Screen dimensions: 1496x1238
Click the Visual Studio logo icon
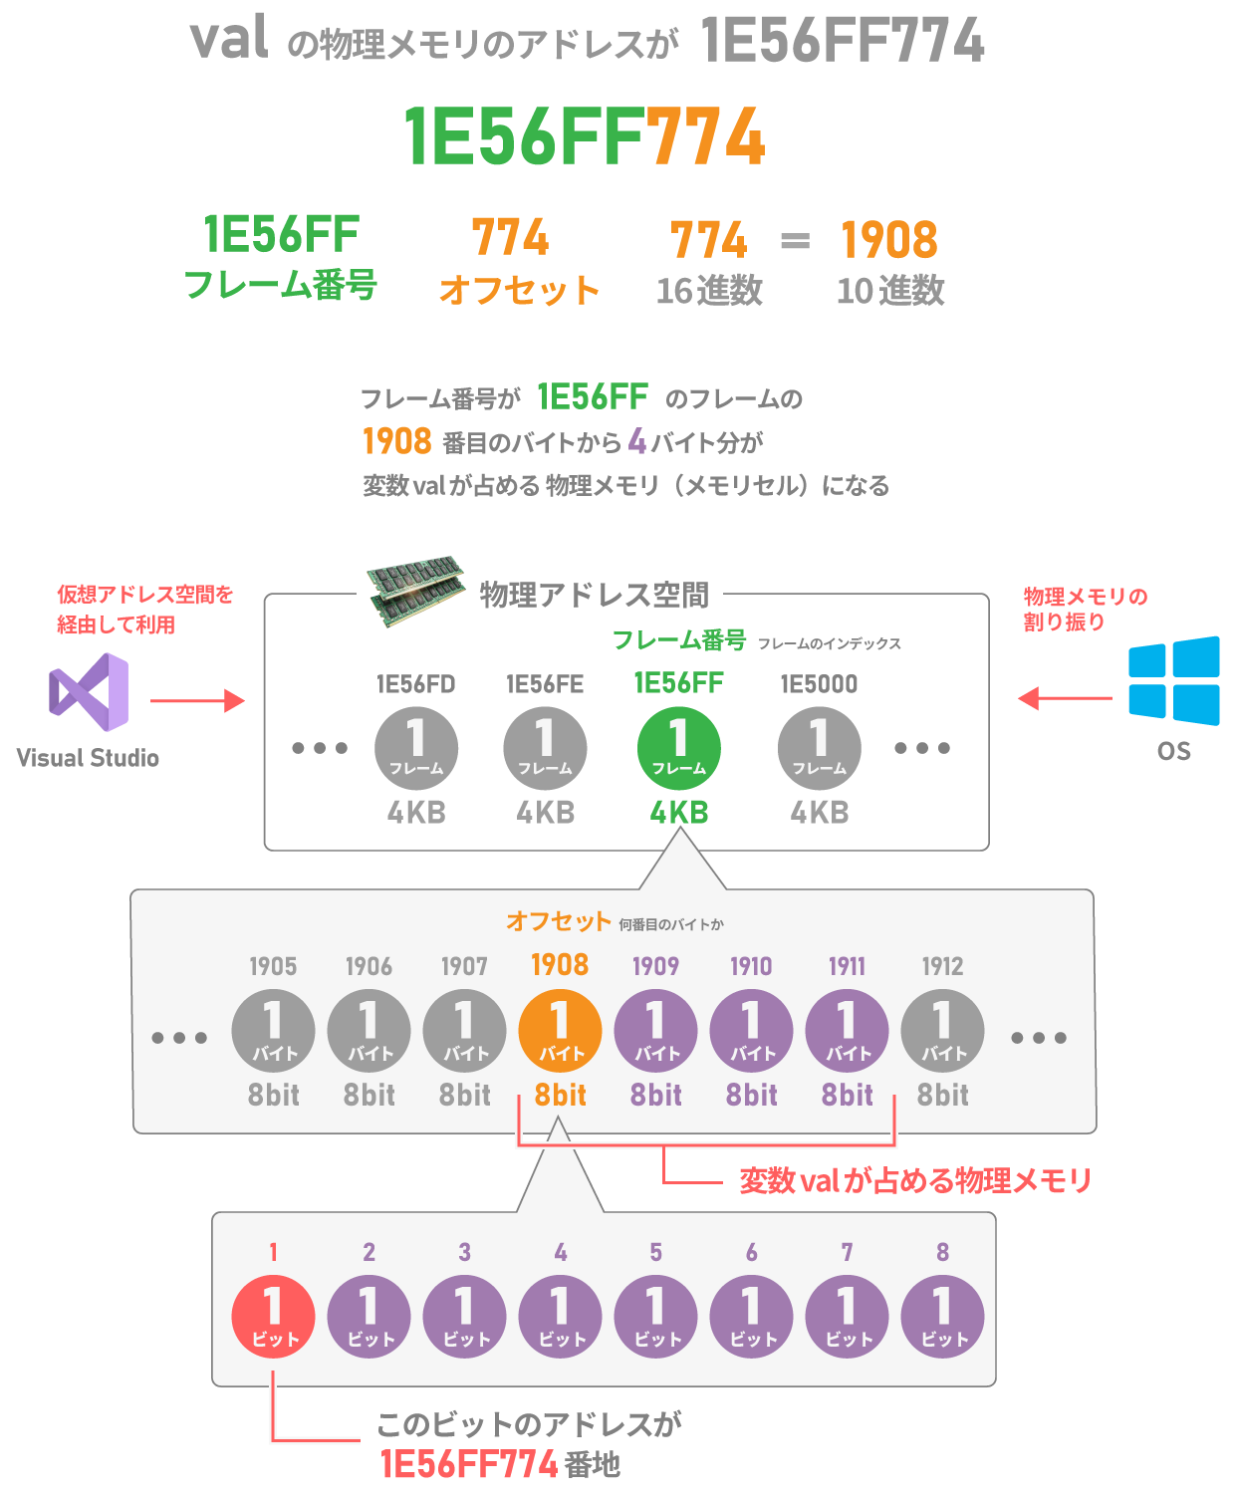[89, 691]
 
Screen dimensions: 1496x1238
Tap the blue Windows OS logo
[1173, 680]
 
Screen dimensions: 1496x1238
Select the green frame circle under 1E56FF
[679, 748]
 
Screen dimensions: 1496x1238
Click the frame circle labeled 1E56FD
[416, 748]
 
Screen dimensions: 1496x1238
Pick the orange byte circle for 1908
[560, 1031]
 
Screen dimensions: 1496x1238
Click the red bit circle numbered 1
[273, 1317]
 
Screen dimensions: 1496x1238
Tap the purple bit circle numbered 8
[942, 1317]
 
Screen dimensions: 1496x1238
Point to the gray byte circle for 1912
[942, 1031]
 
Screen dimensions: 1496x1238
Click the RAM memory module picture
[415, 590]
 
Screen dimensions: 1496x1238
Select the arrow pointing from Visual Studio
[197, 701]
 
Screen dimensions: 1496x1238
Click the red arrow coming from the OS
[1064, 698]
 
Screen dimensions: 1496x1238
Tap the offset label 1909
[655, 966]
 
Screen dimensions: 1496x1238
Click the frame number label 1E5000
[819, 684]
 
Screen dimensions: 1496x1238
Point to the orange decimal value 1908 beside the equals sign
[889, 240]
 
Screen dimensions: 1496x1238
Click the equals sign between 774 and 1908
[795, 241]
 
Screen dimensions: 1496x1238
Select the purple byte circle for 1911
[847, 1031]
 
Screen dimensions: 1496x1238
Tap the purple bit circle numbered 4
[560, 1317]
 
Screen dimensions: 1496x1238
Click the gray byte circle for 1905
[273, 1031]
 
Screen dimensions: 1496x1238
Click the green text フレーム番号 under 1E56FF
[281, 286]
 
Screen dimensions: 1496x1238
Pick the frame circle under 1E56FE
[545, 748]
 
